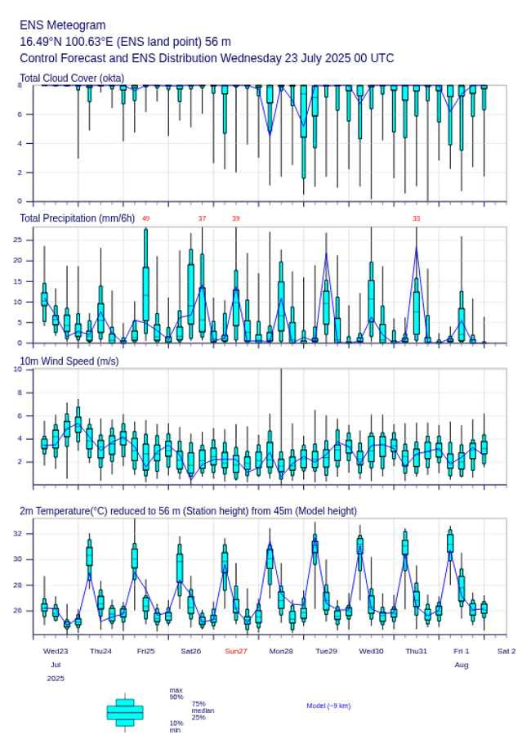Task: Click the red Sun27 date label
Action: tap(236, 651)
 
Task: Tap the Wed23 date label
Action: tap(56, 651)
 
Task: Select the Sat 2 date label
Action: tap(506, 651)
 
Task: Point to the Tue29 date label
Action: tap(326, 651)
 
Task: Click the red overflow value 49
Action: tap(145, 218)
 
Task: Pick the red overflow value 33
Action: tap(416, 218)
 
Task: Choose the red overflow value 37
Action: tap(202, 218)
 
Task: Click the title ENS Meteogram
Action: tap(62, 25)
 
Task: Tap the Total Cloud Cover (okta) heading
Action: tap(72, 78)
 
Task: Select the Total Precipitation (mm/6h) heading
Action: tap(78, 218)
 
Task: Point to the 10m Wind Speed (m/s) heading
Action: tap(69, 361)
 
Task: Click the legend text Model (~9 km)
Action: tap(328, 706)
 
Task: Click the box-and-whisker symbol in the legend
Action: tap(125, 712)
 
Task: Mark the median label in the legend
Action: tap(203, 711)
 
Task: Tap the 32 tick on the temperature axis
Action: tap(28, 533)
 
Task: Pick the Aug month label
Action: tap(461, 665)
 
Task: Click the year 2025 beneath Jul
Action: tap(56, 679)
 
